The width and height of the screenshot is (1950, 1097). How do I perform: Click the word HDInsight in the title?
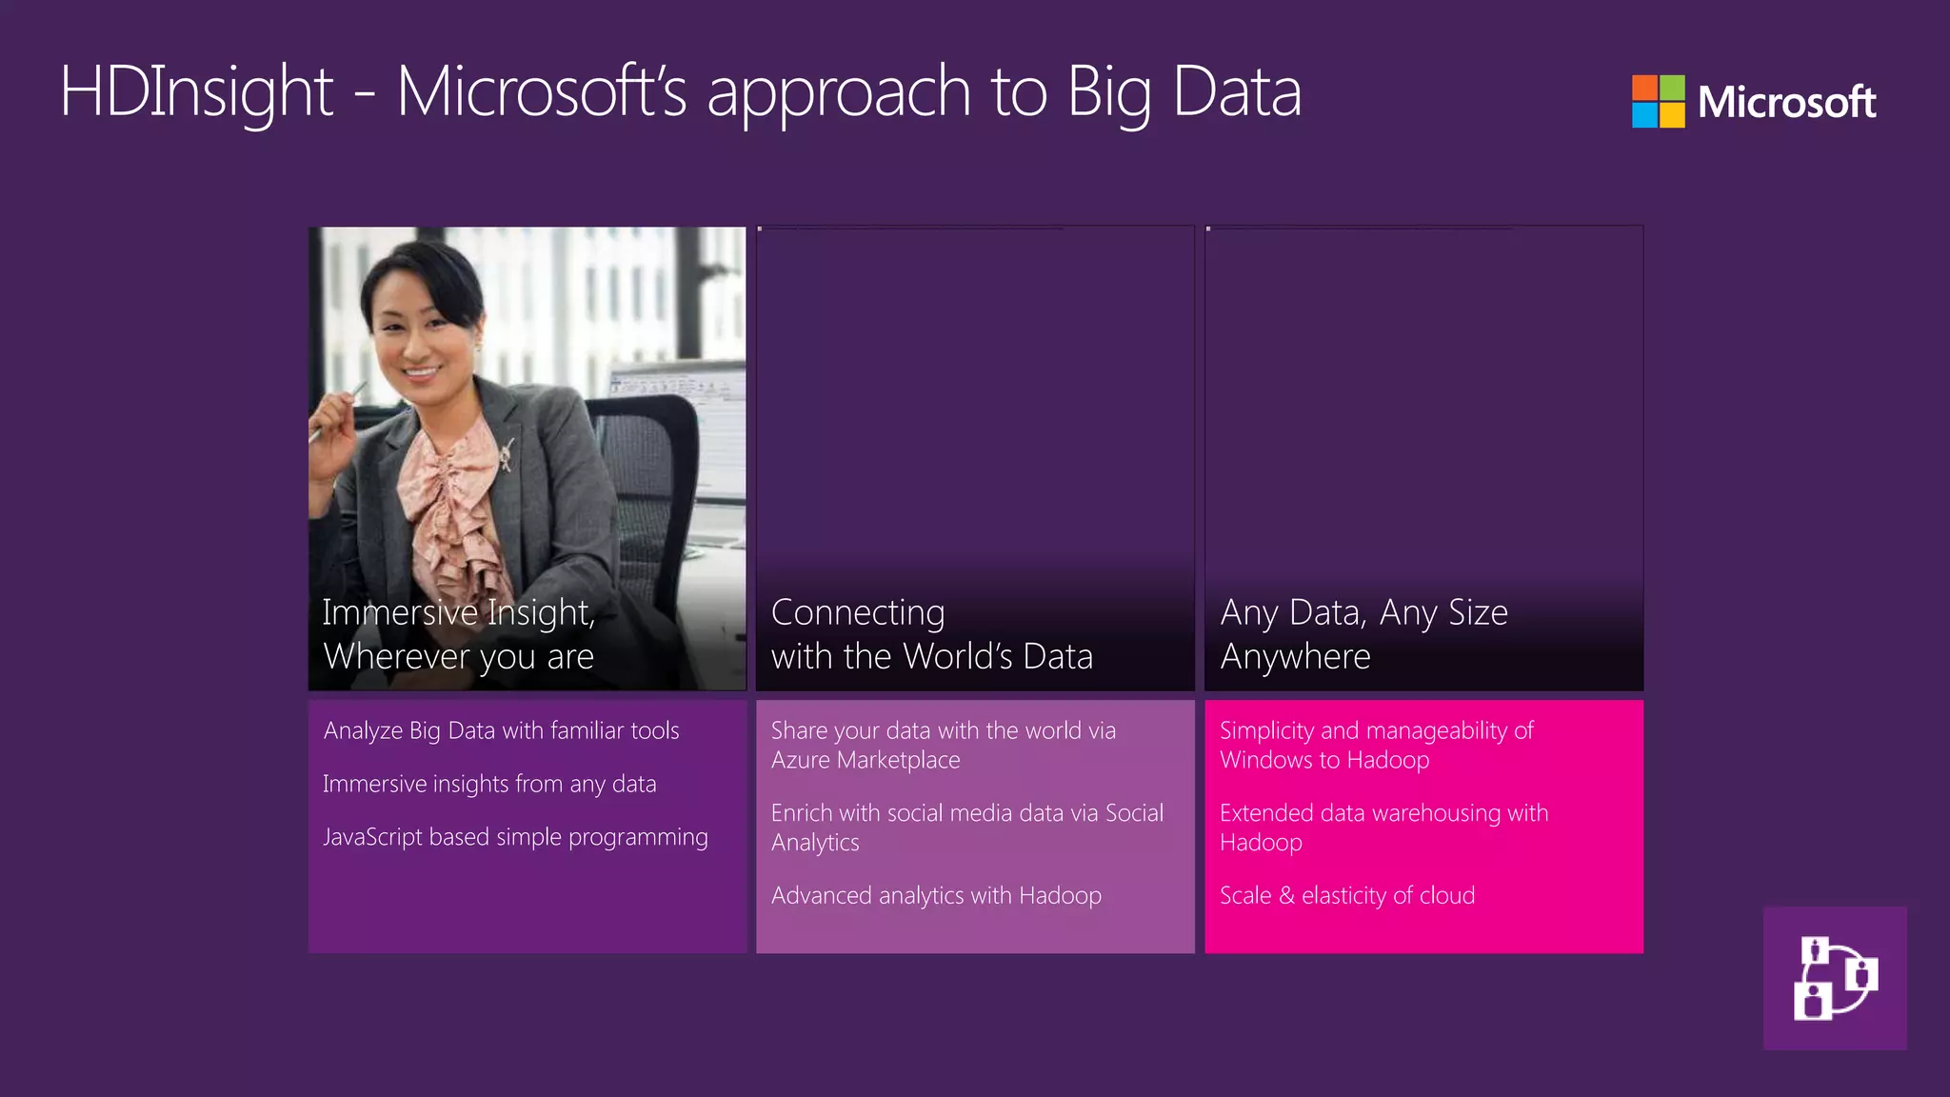click(x=196, y=92)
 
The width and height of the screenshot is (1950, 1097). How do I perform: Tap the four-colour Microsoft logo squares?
click(x=1658, y=101)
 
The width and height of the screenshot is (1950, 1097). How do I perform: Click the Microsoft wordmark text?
click(x=1786, y=102)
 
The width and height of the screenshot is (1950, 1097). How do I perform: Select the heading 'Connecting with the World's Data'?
click(x=931, y=634)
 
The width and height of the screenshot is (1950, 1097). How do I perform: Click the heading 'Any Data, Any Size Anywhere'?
click(x=1363, y=634)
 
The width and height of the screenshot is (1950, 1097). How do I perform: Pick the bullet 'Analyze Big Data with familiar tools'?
click(x=501, y=730)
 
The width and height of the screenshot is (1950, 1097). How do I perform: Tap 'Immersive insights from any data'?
click(x=489, y=784)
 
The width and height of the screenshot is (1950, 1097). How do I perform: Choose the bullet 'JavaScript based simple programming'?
click(x=515, y=837)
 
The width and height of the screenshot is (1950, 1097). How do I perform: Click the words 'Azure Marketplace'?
click(x=866, y=760)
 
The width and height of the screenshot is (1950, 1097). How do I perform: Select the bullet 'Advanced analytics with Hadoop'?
click(x=936, y=895)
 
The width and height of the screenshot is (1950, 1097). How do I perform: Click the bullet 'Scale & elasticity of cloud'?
click(x=1347, y=895)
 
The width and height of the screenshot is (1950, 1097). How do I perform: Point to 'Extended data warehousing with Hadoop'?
click(x=1383, y=827)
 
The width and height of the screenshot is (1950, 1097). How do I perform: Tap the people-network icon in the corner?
click(x=1835, y=978)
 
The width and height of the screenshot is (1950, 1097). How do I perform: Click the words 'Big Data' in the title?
click(x=1184, y=92)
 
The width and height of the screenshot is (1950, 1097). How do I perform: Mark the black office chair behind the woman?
click(x=657, y=457)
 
